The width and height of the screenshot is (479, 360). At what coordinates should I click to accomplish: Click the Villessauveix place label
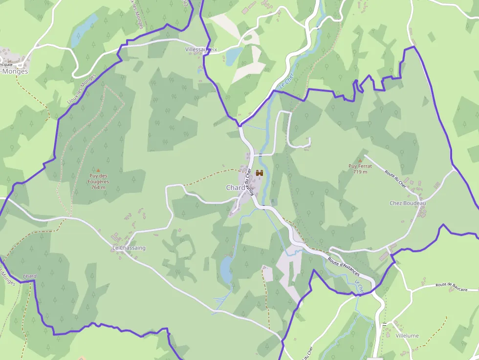tap(201, 50)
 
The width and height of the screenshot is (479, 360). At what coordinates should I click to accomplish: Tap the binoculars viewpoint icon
tap(260, 173)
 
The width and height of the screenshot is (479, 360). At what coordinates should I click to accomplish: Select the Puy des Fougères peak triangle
tap(98, 170)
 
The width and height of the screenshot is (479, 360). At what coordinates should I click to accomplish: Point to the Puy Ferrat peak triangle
tap(360, 160)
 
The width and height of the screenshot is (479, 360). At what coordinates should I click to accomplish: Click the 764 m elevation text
tap(98, 188)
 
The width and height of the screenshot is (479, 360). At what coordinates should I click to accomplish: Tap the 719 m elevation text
tap(360, 172)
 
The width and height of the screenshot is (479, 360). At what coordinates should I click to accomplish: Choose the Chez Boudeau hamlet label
tap(408, 203)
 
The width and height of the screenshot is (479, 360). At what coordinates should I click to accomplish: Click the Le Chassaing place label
tap(129, 248)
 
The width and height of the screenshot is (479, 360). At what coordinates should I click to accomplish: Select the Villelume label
tap(407, 336)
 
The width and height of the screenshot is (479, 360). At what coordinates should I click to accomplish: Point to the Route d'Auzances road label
tap(344, 264)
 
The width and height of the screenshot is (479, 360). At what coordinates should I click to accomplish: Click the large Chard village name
tap(236, 188)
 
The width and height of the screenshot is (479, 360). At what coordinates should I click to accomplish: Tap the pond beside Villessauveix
tap(234, 56)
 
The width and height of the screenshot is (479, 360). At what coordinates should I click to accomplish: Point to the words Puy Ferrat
tap(360, 166)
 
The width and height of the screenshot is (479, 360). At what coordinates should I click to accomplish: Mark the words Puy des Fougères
tap(99, 179)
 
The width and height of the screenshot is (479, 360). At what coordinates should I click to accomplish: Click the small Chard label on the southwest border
tap(29, 276)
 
